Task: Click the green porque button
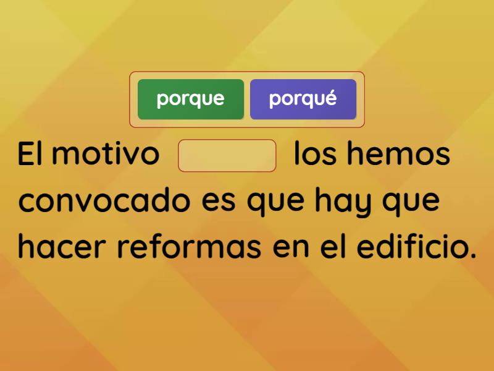tap(191, 99)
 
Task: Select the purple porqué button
tap(303, 99)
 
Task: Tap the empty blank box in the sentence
tap(227, 155)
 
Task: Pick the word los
tap(314, 154)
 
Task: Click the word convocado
tap(102, 202)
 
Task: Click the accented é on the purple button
tap(331, 98)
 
